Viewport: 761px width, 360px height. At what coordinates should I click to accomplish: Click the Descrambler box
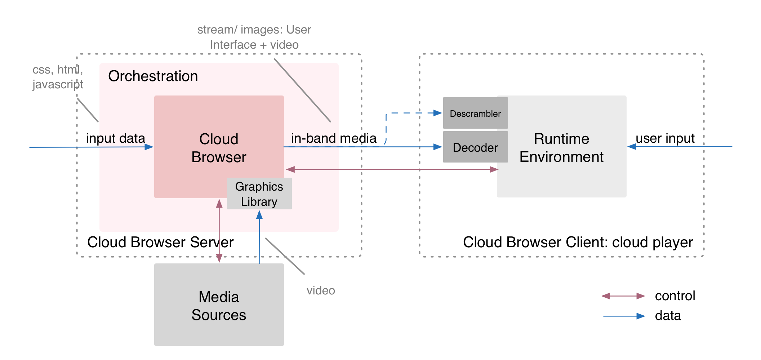pos(475,113)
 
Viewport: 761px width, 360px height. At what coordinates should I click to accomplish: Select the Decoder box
pos(475,147)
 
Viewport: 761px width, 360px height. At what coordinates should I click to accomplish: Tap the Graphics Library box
pos(259,194)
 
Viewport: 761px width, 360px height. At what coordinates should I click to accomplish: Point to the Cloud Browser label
pos(219,148)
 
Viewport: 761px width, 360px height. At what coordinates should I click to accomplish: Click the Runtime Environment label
pos(561,147)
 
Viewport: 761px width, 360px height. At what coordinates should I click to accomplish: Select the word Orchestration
pos(153,76)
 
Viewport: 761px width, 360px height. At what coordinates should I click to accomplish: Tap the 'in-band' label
pos(313,138)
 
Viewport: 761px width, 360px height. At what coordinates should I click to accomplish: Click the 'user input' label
pos(665,138)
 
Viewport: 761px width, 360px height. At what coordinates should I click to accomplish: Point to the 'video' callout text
pos(321,290)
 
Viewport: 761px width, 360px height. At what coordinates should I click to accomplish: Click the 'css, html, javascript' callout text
pos(58,77)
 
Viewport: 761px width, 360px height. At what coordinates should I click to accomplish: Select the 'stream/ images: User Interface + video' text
pos(254,37)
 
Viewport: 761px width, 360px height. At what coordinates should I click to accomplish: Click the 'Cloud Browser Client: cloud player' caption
pos(578,242)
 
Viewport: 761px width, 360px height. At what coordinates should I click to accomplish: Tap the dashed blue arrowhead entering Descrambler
pos(437,113)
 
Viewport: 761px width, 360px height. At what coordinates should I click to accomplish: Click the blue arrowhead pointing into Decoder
pos(437,147)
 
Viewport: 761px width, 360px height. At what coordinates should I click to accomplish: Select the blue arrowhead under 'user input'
pos(632,146)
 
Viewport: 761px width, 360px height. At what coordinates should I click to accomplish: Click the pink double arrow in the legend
pos(623,296)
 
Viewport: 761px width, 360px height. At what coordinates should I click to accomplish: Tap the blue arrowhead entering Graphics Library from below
pos(259,215)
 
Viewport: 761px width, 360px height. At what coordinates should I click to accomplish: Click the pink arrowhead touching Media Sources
pos(219,259)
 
